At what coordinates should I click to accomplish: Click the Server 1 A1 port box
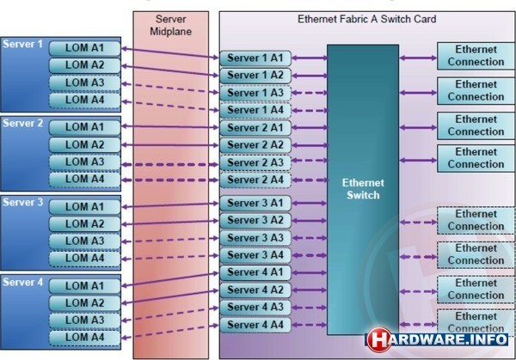(255, 58)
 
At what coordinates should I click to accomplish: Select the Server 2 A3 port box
(255, 162)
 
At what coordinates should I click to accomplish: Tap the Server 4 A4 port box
(255, 325)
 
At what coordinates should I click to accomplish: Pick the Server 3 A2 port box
(255, 220)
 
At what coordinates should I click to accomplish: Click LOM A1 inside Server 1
(84, 48)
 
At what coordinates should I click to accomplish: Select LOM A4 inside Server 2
(84, 180)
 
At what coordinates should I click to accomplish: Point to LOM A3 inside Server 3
(84, 241)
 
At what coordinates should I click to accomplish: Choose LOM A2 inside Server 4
(84, 303)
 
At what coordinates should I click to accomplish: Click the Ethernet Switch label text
(363, 189)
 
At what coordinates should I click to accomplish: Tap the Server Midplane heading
(170, 25)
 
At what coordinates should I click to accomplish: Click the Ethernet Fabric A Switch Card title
(367, 19)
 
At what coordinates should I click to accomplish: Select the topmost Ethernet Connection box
(476, 56)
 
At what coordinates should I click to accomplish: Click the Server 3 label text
(22, 202)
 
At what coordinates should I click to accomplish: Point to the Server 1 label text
(22, 44)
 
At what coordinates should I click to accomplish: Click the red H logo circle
(379, 339)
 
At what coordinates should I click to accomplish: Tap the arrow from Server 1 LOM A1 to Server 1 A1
(170, 53)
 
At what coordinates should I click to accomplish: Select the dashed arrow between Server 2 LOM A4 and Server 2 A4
(170, 180)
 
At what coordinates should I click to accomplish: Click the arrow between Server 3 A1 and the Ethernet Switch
(310, 203)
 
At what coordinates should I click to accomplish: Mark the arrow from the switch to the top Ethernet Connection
(418, 58)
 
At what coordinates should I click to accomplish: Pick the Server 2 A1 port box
(255, 128)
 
